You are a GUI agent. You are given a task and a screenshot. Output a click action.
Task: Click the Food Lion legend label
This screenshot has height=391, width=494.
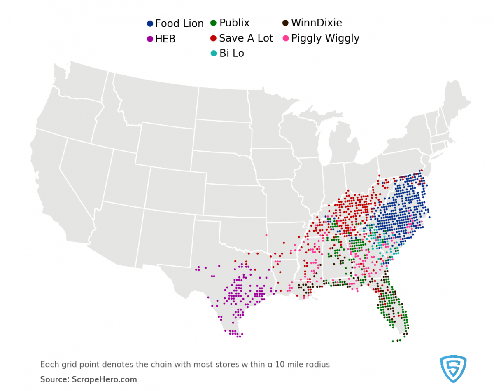179,24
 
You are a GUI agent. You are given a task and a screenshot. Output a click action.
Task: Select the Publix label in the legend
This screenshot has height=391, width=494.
234,23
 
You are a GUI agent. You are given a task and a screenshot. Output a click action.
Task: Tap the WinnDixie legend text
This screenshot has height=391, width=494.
316,23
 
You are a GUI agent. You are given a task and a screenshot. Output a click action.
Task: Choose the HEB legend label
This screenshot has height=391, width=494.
165,39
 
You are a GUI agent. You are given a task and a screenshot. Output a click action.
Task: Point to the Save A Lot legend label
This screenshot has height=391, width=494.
246,38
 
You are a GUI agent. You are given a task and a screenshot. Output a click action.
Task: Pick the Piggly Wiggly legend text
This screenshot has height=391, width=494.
325,38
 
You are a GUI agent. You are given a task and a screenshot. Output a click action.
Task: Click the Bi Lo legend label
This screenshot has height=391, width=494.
231,54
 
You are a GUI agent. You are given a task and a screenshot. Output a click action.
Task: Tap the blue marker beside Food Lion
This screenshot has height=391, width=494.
150,24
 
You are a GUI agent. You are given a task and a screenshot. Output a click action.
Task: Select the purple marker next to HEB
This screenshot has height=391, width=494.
150,39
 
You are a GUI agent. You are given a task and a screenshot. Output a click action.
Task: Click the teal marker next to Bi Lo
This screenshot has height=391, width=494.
213,54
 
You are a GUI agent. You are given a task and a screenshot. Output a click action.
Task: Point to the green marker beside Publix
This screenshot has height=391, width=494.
213,23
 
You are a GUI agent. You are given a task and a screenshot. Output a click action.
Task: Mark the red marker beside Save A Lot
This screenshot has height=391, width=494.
213,38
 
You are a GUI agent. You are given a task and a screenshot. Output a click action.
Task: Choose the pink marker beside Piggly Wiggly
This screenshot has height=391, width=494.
285,38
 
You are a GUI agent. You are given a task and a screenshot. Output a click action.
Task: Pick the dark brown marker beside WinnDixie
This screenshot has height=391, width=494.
285,23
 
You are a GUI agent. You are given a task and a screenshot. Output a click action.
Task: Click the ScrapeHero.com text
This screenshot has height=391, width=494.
104,379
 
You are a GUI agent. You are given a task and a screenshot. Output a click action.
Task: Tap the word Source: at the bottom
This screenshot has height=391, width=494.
55,379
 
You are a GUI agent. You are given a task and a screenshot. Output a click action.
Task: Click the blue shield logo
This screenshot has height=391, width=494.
453,368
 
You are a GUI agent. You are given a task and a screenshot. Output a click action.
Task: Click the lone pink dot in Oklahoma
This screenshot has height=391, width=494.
266,235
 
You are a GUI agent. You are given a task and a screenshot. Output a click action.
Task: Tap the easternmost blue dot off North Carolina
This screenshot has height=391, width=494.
429,217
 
